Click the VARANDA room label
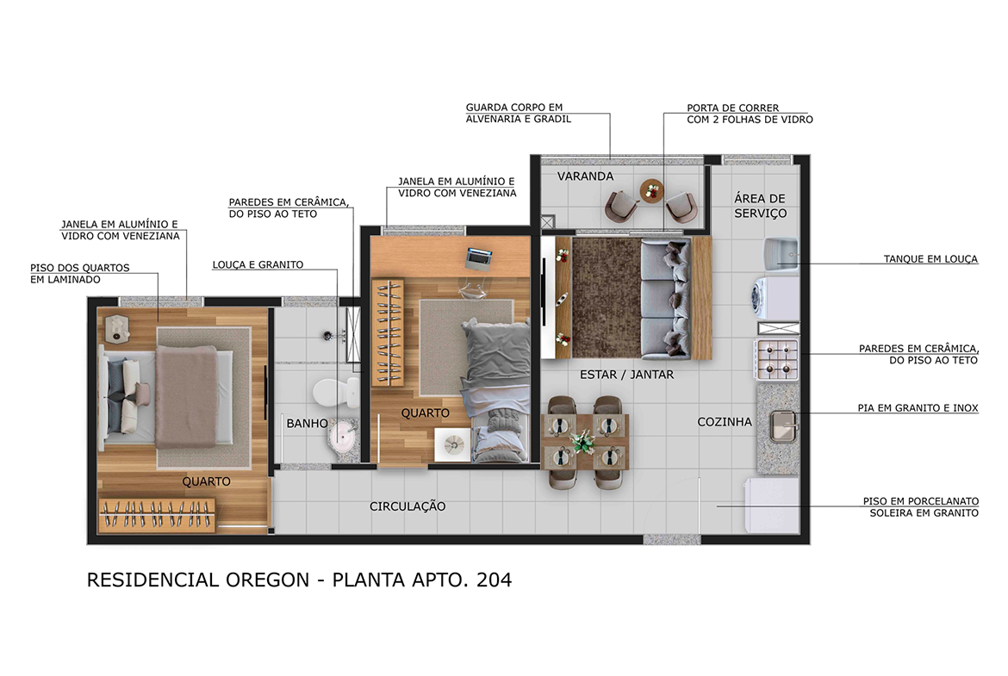point(585,176)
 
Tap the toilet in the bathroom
point(337,391)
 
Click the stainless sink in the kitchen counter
point(784,426)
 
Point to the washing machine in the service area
point(775,298)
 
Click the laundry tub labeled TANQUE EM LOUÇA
point(781,252)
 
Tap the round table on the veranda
point(652,191)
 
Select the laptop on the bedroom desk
point(478,257)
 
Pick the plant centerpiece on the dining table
point(583,442)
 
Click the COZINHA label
point(725,422)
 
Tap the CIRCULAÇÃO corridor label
point(408,506)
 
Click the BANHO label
point(308,424)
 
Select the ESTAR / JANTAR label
point(627,375)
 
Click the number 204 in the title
point(494,580)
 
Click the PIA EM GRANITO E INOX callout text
point(918,408)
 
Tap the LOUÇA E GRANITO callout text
point(258,264)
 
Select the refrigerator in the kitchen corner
point(771,505)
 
